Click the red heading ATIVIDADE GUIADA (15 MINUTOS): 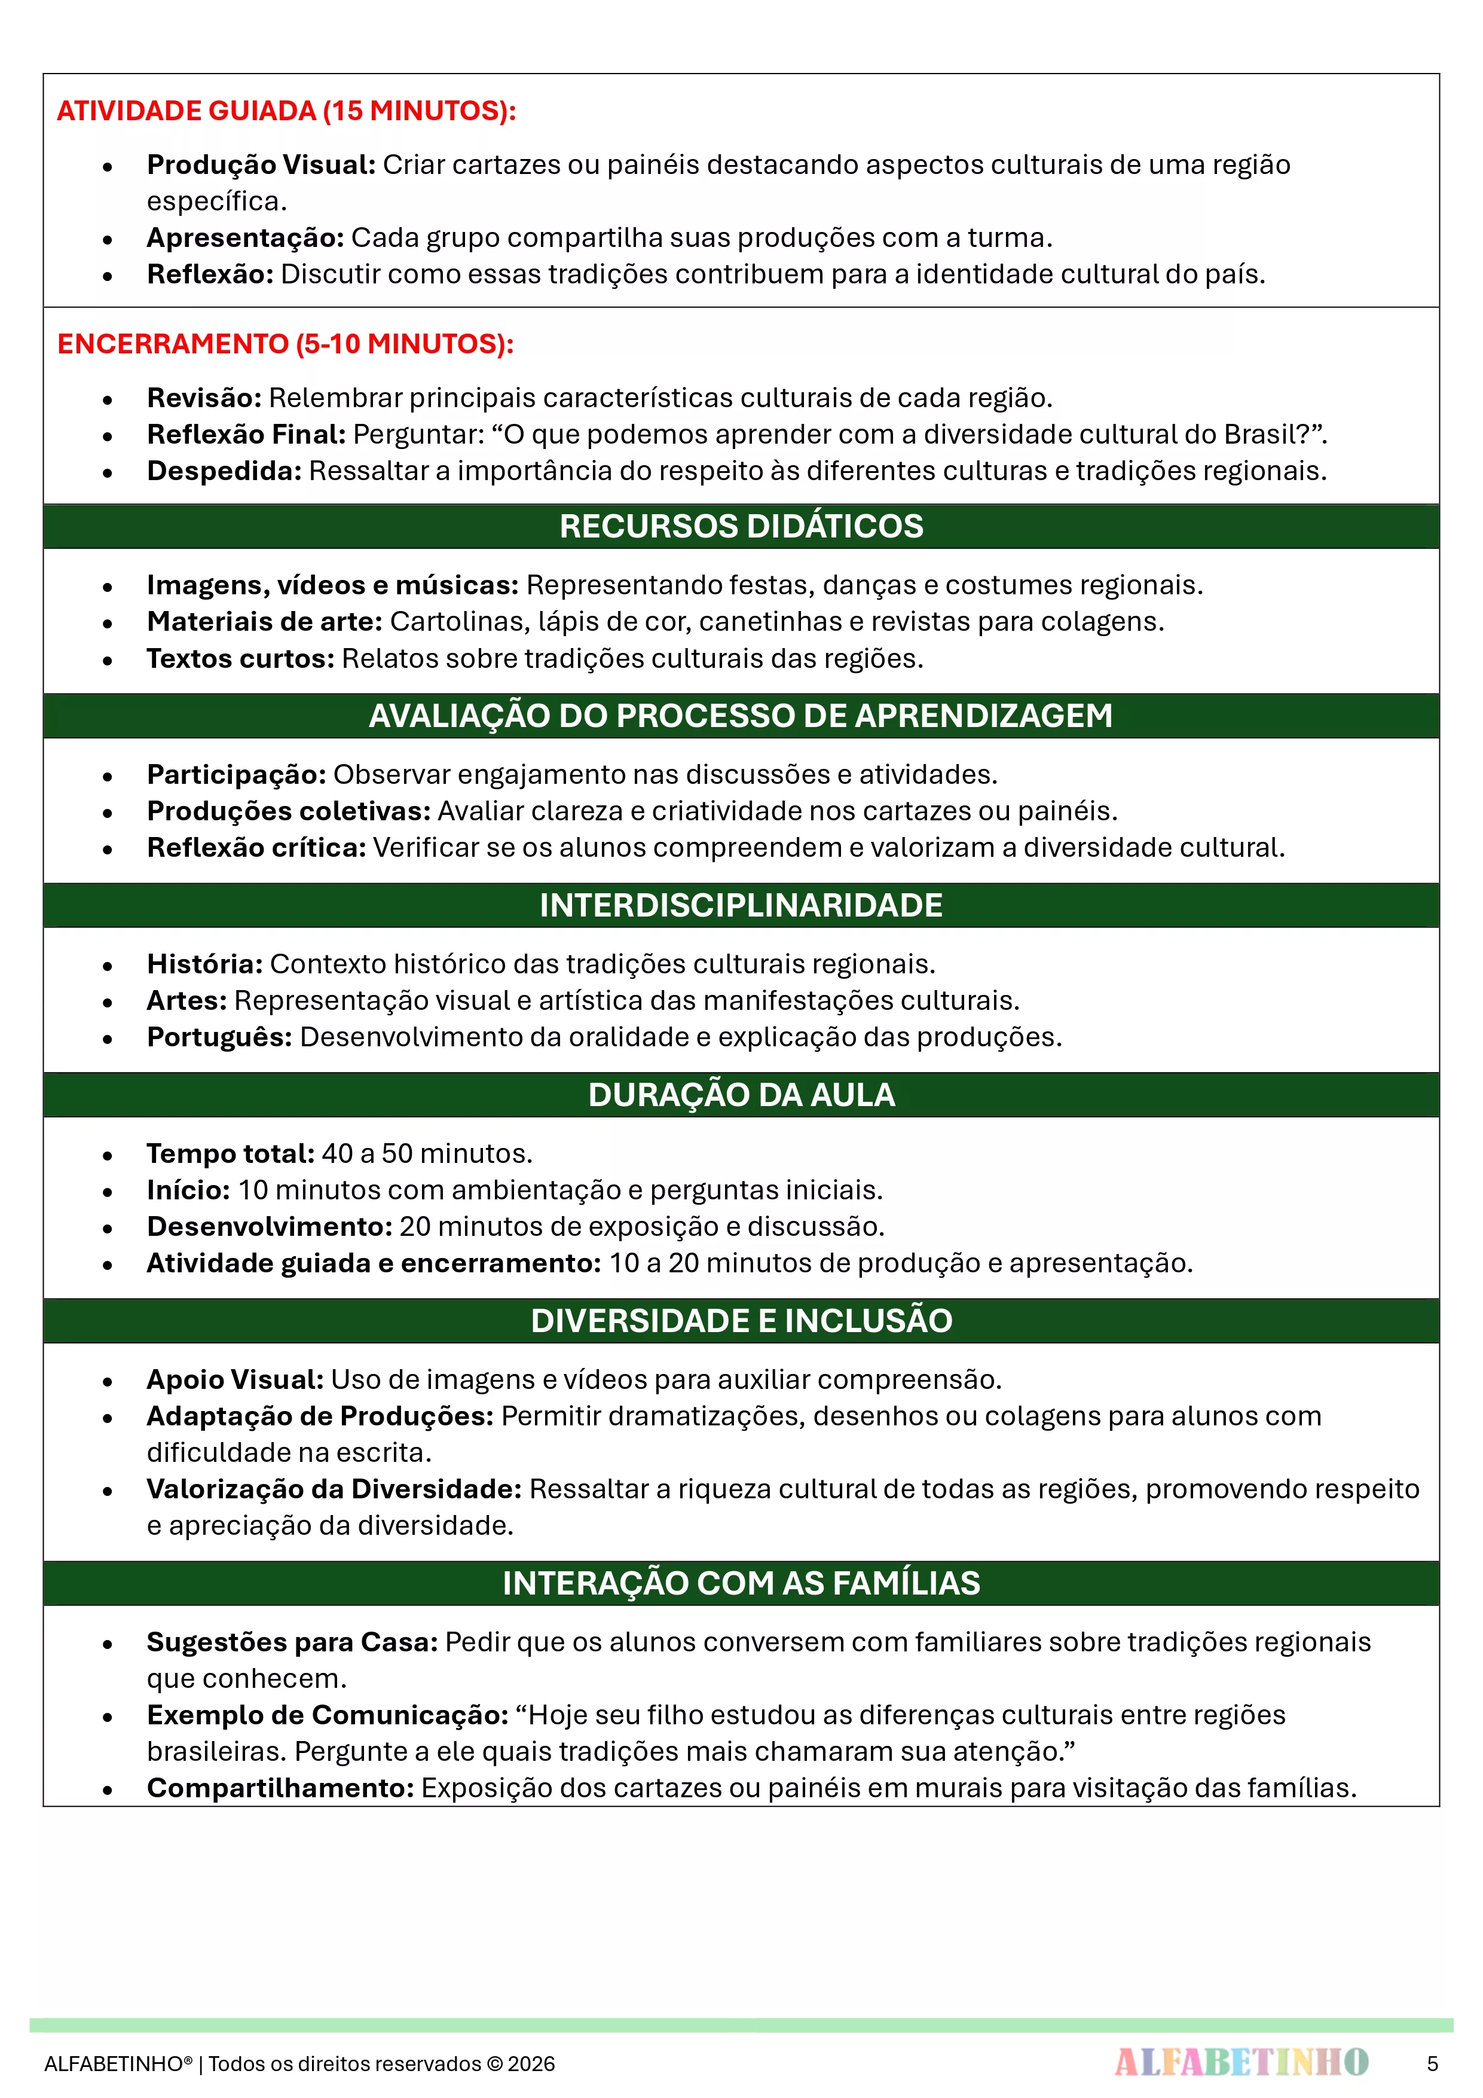[286, 111]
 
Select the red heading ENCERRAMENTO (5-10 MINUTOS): [285, 344]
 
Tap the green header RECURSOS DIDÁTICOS [741, 526]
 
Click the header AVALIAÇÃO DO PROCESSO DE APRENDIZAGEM [741, 716]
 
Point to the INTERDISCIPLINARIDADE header [741, 906]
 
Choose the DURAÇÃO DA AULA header [741, 1095]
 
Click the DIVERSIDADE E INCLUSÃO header [741, 1320]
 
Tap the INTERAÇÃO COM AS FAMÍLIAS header [741, 1583]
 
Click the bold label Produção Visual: [261, 164]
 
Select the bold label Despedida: [224, 471]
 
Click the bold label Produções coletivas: [289, 811]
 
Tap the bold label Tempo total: [230, 1153]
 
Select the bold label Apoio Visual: [235, 1379]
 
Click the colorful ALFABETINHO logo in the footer [1241, 2062]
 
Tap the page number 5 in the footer [1432, 2063]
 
